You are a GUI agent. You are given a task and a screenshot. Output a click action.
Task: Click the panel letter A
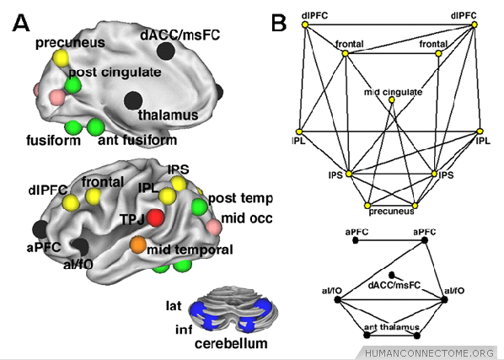[x=21, y=24]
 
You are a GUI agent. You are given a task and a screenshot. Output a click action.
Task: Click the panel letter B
[x=278, y=23]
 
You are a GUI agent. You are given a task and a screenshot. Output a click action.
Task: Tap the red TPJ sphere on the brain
[x=156, y=218]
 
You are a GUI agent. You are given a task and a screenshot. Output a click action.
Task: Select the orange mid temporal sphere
[x=138, y=245]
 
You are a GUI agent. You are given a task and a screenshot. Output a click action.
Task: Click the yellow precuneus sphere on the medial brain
[x=61, y=58]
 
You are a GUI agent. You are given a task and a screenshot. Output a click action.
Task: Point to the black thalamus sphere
[x=133, y=100]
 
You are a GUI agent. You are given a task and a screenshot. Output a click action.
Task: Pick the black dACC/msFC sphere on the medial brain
[x=166, y=51]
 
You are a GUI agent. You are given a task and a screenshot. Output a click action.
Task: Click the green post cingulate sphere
[x=72, y=85]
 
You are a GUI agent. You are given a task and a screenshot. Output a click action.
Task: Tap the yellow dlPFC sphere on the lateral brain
[x=71, y=202]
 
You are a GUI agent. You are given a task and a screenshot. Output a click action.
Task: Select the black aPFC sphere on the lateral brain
[x=40, y=229]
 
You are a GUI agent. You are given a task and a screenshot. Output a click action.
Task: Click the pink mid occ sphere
[x=213, y=227]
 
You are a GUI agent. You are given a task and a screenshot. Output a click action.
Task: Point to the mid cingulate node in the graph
[x=392, y=100]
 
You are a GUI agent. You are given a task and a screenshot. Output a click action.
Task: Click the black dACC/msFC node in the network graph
[x=392, y=275]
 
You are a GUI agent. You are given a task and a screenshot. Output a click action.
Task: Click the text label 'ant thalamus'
[x=392, y=327]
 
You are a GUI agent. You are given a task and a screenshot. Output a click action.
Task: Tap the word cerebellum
[x=231, y=344]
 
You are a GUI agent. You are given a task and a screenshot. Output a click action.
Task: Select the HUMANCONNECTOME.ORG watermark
[x=430, y=353]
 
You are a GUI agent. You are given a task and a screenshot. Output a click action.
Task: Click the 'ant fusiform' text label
[x=137, y=140]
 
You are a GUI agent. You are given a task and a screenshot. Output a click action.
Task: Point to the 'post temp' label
[x=240, y=199]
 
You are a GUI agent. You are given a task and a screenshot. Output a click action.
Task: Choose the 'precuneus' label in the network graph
[x=392, y=212]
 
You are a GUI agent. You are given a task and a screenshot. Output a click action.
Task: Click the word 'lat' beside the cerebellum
[x=174, y=306]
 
